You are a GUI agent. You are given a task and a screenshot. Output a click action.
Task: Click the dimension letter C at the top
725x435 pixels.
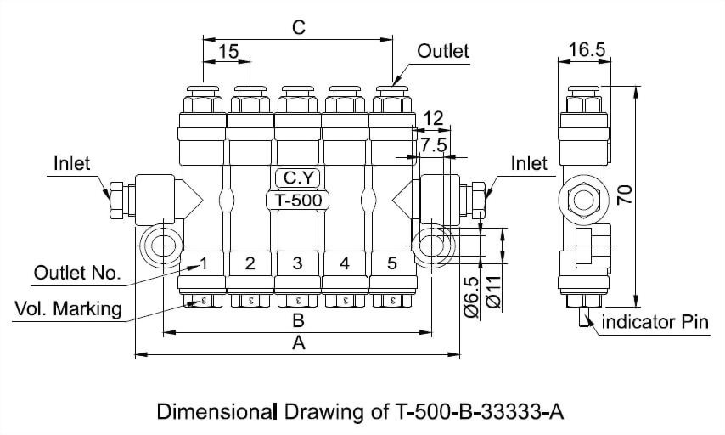coord(298,27)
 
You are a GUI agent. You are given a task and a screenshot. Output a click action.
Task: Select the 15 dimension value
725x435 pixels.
coord(228,52)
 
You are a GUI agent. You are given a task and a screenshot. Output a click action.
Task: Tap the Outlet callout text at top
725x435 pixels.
coord(442,51)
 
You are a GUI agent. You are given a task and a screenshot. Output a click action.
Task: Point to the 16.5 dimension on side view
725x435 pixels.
coord(587,50)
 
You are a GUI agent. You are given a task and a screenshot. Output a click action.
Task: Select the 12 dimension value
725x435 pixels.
coord(433,118)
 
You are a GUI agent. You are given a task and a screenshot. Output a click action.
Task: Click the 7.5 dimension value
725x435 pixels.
coord(433,145)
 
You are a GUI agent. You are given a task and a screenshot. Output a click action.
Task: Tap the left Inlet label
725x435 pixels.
coord(71,162)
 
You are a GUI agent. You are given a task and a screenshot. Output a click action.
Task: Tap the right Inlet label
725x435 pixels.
coord(530,162)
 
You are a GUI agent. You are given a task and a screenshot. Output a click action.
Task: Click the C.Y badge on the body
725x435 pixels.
coord(297,178)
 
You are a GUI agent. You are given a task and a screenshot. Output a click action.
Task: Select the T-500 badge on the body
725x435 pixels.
coord(297,201)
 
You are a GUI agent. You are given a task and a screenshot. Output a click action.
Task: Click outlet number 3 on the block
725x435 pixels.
coord(297,263)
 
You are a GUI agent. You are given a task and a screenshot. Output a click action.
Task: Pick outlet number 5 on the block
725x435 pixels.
coord(391,263)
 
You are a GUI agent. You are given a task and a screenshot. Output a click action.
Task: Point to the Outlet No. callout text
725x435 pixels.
coord(77,274)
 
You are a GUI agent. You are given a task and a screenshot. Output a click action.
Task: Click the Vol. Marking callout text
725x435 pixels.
coord(69,308)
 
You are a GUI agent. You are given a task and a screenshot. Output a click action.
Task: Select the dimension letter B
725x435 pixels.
coord(298,320)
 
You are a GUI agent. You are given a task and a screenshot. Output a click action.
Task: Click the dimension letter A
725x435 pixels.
coord(298,343)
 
